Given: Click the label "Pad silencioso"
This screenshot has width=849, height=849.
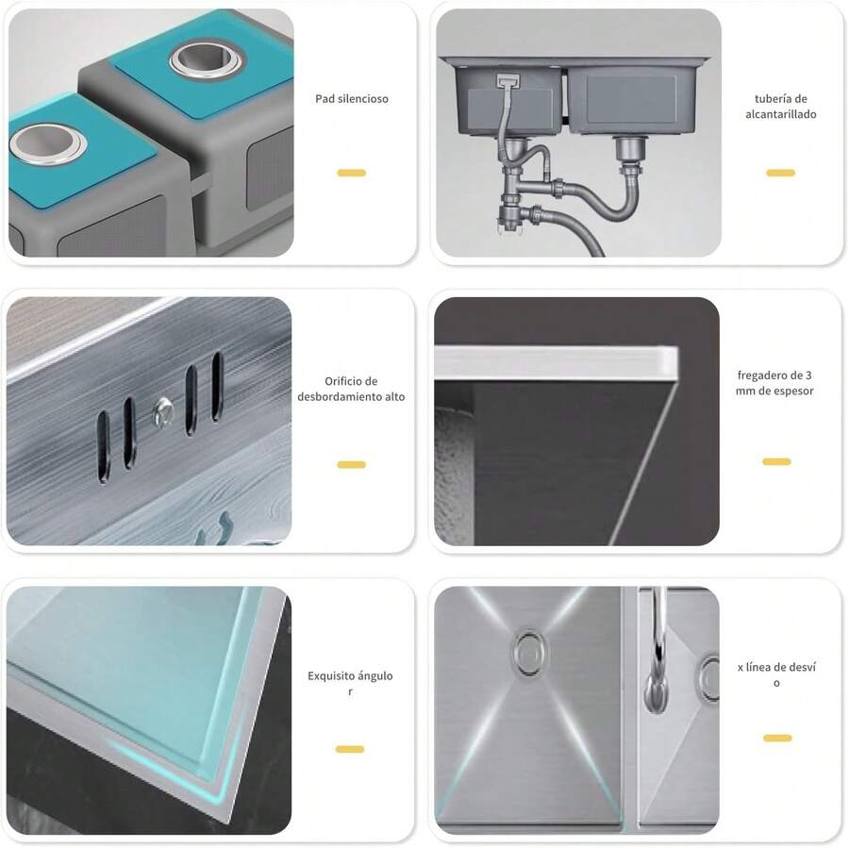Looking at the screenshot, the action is point(352,98).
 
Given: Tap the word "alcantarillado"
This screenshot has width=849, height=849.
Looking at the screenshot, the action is point(781,114).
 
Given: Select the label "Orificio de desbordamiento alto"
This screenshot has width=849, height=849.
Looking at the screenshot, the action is point(351,389).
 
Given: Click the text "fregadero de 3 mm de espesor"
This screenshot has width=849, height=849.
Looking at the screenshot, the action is point(774,383).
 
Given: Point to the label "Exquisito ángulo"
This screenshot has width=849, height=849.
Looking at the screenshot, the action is point(350,675).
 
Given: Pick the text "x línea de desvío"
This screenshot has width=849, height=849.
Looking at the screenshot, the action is point(776,674).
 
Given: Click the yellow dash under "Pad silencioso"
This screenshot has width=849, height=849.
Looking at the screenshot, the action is point(352,173).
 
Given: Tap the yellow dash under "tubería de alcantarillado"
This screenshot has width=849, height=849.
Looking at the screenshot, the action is point(781,173).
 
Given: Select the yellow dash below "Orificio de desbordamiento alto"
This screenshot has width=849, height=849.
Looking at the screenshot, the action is point(352,464).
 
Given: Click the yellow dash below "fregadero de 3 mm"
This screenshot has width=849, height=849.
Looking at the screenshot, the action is point(776,461).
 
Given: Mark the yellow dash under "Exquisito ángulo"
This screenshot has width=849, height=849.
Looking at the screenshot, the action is point(350,749).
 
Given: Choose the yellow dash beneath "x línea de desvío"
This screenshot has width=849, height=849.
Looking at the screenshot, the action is point(777,738).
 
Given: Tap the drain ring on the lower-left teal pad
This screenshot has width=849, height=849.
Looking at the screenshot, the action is point(48,143).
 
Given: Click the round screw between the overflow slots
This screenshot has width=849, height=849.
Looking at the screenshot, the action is point(162,411).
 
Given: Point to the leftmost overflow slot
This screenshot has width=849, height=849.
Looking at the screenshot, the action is point(104,446).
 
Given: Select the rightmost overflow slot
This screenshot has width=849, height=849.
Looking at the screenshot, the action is point(217,386).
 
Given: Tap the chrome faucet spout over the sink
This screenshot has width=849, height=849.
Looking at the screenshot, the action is point(657,650).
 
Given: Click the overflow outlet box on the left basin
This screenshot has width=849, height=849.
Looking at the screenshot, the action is point(508,81).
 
